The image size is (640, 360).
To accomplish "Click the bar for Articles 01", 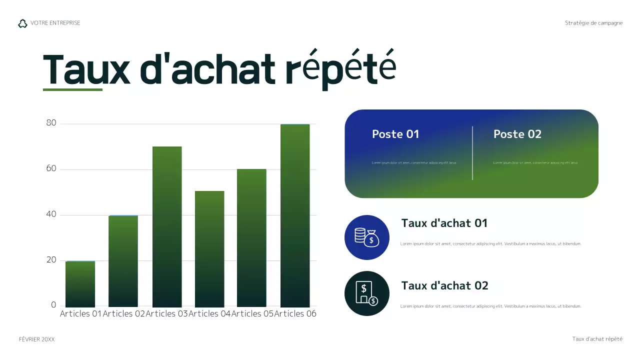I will coord(80,283).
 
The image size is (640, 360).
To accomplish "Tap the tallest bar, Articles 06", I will coord(295,215).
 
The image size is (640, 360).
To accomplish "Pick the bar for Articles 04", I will coord(209,248).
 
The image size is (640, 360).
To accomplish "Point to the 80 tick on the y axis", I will coord(51,123).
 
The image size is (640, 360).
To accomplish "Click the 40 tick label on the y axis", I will coord(51,214).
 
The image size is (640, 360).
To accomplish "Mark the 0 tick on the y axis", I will coord(53,305).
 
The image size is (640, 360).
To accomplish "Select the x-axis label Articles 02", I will coord(123,313).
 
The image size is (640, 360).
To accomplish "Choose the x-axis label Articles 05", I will coord(252,313).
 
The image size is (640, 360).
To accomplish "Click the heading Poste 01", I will coord(395,134).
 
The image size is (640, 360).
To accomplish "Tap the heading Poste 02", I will coord(517,134).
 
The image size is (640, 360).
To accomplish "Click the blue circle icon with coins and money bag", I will coord(367,237).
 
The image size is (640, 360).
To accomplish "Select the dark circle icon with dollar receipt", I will coord(367,293).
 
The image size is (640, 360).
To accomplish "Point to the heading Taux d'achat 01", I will coord(444,223).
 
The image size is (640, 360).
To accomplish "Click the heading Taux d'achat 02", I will coord(444,285).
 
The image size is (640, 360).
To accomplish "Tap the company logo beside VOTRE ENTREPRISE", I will coord(22,23).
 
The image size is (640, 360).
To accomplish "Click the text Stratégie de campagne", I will coord(593,23).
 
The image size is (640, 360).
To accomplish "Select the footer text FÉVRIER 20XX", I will coord(36,339).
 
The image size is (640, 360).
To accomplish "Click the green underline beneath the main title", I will coord(72,90).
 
